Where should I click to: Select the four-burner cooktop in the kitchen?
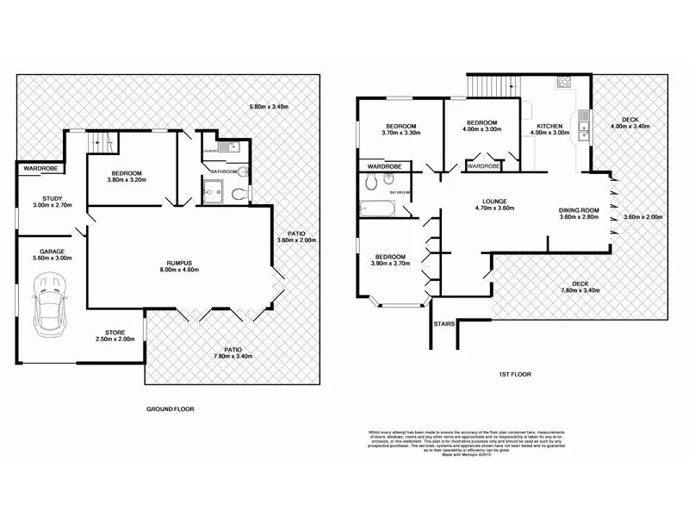point(564,84)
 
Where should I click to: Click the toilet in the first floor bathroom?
point(369,182)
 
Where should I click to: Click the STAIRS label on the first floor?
point(444,326)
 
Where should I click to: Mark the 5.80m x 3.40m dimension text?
point(269,106)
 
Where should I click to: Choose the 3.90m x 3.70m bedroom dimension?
point(389,264)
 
